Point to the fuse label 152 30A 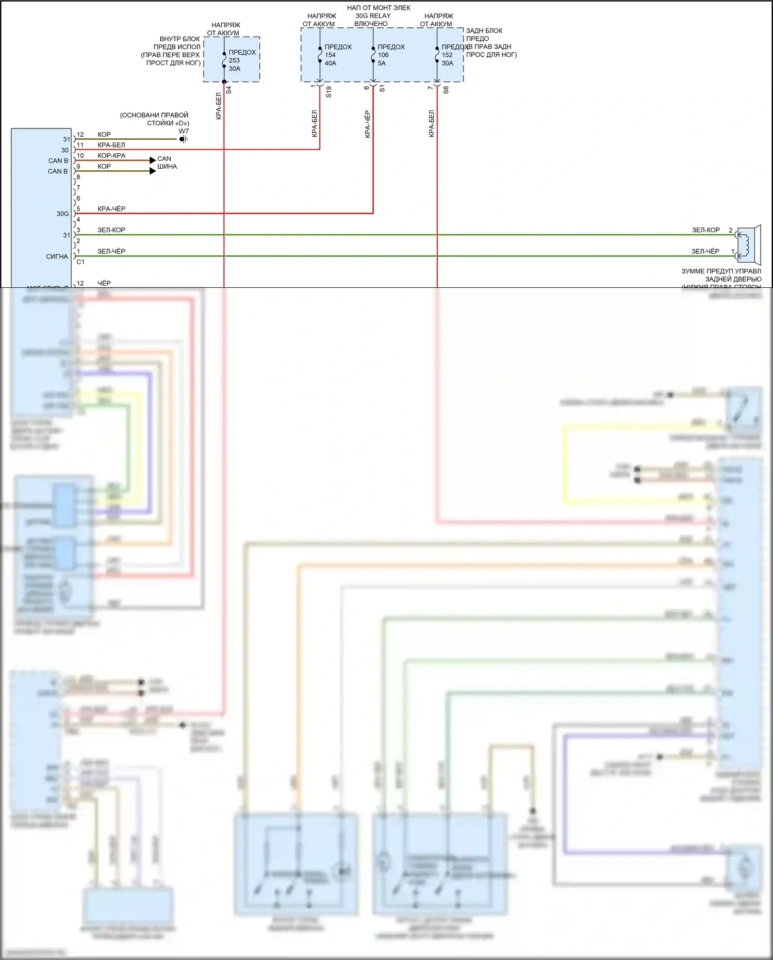point(448,55)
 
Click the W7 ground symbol point(183,139)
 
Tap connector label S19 point(328,92)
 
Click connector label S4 point(229,89)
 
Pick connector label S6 point(446,89)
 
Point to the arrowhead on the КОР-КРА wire point(153,160)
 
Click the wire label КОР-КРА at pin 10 point(111,156)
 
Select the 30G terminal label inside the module point(62,214)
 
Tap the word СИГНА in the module point(57,256)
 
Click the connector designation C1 point(80,262)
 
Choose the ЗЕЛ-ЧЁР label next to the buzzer point(705,251)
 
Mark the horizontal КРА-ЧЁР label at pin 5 point(111,209)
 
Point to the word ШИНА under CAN point(167,167)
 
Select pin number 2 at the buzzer point(730,230)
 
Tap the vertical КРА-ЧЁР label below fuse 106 point(368,124)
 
